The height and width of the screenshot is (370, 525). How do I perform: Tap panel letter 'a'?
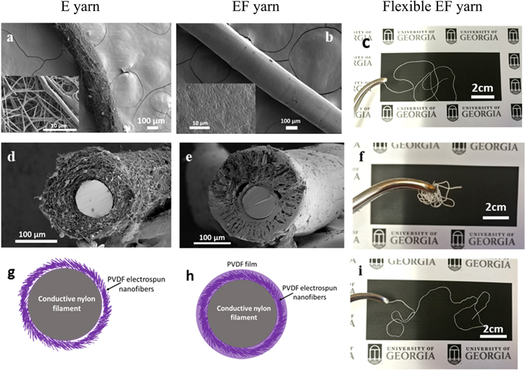[x=10, y=36]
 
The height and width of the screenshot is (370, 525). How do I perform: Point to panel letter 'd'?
[x=12, y=156]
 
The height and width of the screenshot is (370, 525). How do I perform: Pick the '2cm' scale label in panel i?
[x=493, y=331]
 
